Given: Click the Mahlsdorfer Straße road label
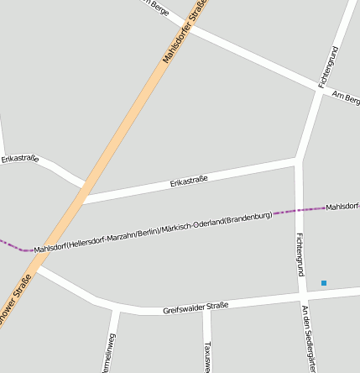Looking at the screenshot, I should pos(184,33).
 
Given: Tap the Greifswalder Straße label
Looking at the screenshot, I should pos(196,308).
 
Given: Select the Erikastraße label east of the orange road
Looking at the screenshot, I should pos(189,180).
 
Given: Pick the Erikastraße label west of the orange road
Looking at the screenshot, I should pos(20,158).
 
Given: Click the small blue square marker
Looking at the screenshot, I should pos(323,283).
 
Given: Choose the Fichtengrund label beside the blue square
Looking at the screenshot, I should pos(300,255).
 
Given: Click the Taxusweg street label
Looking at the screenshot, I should pos(207,356).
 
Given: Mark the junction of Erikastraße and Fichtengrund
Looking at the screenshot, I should pos(297,159).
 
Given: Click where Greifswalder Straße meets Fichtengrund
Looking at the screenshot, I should pos(302,296).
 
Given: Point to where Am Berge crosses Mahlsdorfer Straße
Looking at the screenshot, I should pos(186,23).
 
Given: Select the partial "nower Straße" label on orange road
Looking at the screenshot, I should pos(16,299).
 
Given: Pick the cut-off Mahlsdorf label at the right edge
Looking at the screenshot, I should pos(342,206).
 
